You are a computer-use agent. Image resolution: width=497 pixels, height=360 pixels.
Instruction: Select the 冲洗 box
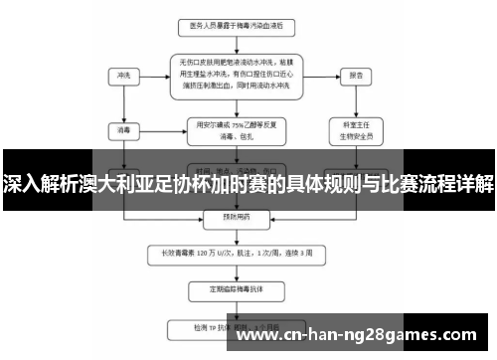point(125,76)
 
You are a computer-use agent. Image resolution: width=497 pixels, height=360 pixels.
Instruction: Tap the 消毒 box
point(125,128)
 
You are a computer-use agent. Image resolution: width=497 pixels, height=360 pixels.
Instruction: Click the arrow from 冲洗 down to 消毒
point(125,102)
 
